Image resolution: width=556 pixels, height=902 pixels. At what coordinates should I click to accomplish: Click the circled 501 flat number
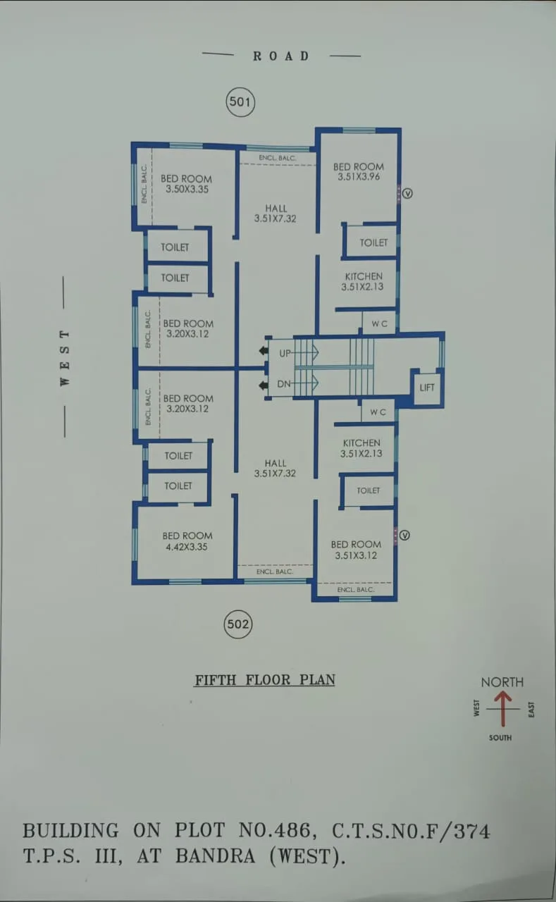240,102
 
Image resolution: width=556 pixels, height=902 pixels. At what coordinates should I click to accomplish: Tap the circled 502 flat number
238,624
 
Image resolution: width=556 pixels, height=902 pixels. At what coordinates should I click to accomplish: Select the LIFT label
427,388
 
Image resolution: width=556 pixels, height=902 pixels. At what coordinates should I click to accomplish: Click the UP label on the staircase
285,353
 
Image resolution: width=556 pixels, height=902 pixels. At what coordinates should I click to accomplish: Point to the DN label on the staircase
284,384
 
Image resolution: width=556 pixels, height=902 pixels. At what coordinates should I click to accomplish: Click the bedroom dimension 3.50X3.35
188,190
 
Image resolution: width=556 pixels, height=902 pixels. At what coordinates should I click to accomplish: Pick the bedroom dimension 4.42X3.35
187,547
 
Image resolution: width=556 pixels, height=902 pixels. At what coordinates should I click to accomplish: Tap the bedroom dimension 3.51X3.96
359,177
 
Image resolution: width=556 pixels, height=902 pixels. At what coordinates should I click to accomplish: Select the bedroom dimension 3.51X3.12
356,555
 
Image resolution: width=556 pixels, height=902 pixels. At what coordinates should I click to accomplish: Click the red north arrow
502,708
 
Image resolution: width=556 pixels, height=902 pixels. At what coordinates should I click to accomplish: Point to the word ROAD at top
281,56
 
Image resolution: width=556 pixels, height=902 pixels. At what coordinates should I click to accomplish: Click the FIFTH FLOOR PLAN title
265,680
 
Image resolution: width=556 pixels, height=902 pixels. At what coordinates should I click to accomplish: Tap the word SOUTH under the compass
500,738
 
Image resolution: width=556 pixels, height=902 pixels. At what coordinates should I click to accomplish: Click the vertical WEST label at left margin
65,357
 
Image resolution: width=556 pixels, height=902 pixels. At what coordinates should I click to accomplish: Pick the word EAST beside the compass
531,709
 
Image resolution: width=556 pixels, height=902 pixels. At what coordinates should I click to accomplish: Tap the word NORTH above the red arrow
502,682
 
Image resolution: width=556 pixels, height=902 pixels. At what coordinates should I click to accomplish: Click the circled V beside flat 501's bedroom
407,192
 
